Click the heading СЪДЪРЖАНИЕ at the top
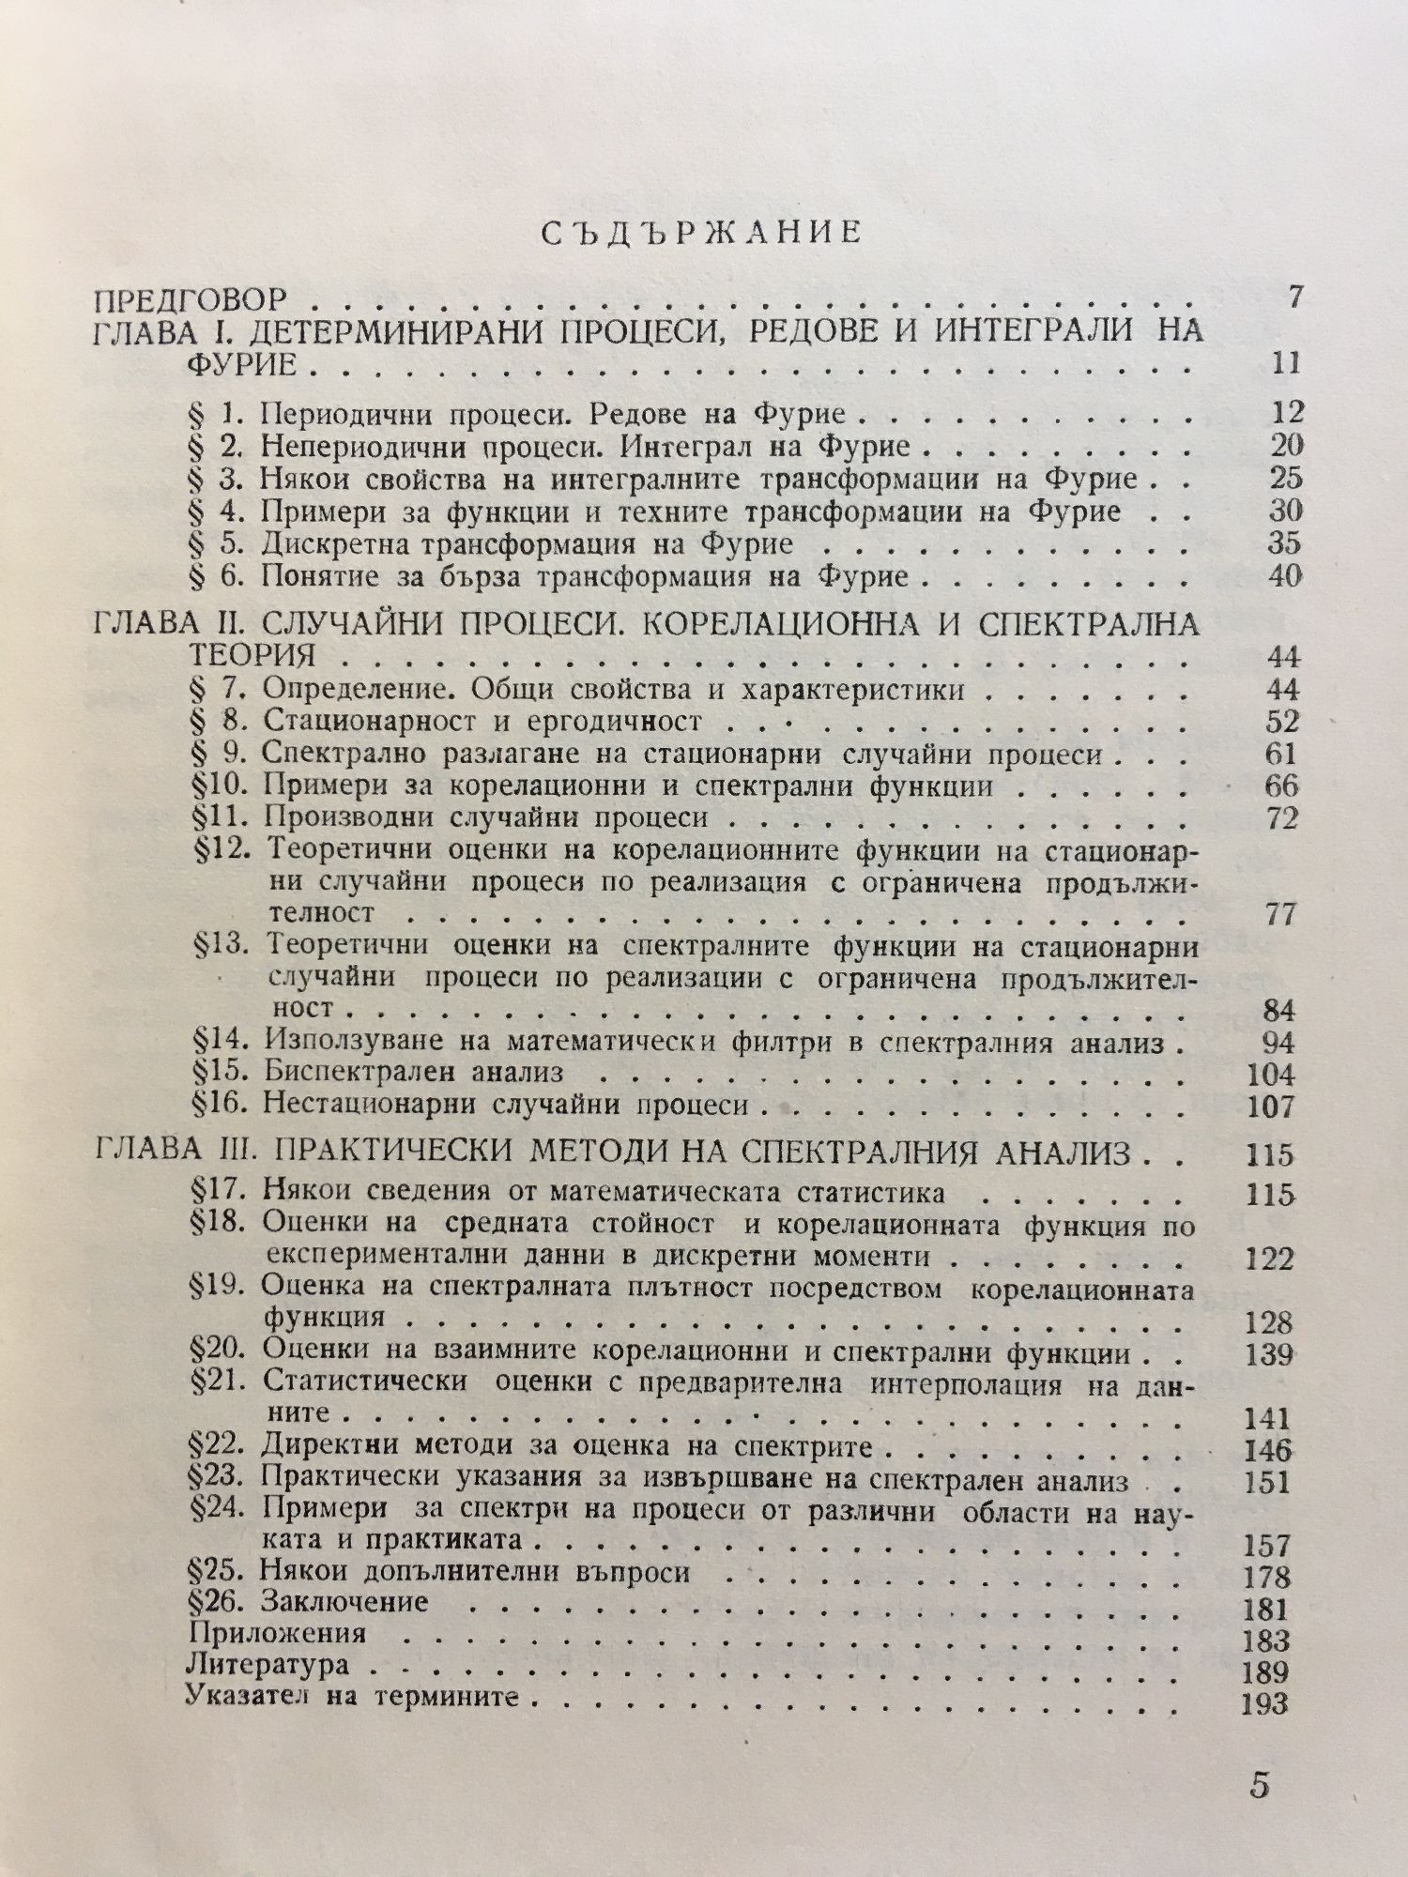(701, 234)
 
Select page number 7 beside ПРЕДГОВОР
(1296, 298)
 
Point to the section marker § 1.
(215, 414)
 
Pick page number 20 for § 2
(1284, 446)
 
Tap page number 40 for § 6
(1284, 575)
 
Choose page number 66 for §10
(1281, 785)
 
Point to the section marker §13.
(219, 946)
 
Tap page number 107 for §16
(1271, 1106)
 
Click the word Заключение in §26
(345, 1601)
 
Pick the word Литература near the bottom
(268, 1665)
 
